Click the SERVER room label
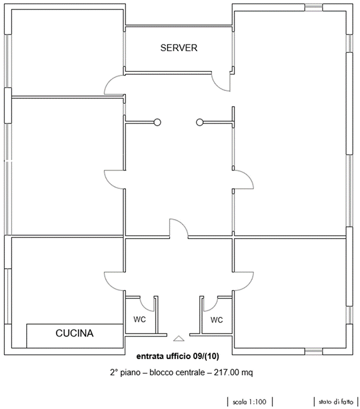pyautogui.click(x=179, y=47)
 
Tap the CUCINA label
pyautogui.click(x=74, y=333)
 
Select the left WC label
pyautogui.click(x=140, y=319)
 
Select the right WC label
pyautogui.click(x=217, y=320)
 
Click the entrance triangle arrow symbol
pyautogui.click(x=179, y=338)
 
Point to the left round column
pyautogui.click(x=157, y=122)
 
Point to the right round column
pyautogui.click(x=200, y=122)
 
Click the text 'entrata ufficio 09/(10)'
pyautogui.click(x=178, y=356)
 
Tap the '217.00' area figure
pyautogui.click(x=226, y=372)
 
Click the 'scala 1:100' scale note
pyautogui.click(x=250, y=402)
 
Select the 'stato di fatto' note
pyautogui.click(x=336, y=402)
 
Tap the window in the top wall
pyautogui.click(x=314, y=7)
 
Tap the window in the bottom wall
pyautogui.click(x=314, y=351)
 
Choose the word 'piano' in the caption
pyautogui.click(x=130, y=373)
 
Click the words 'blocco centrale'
pyautogui.click(x=177, y=372)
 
